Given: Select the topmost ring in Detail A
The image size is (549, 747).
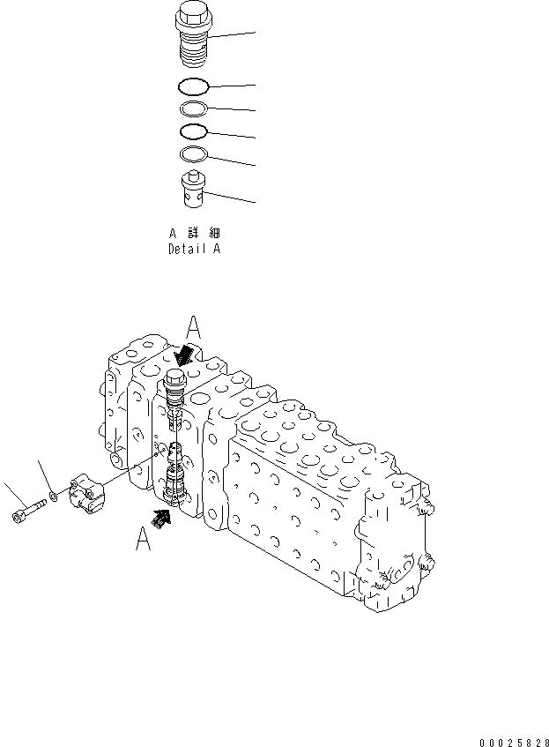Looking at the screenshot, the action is (x=193, y=86).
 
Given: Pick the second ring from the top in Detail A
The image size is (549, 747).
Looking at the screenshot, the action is (x=193, y=109).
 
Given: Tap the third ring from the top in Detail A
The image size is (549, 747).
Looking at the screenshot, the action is (x=193, y=132).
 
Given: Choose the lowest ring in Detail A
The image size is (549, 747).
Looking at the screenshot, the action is (x=193, y=155).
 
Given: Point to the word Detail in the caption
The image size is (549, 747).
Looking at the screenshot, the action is (x=185, y=250).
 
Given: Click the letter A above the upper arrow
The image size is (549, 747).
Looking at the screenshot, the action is (x=195, y=329).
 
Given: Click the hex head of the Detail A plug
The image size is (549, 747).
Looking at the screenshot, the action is (x=193, y=17).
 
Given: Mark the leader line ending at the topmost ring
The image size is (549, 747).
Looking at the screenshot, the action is (x=232, y=86).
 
